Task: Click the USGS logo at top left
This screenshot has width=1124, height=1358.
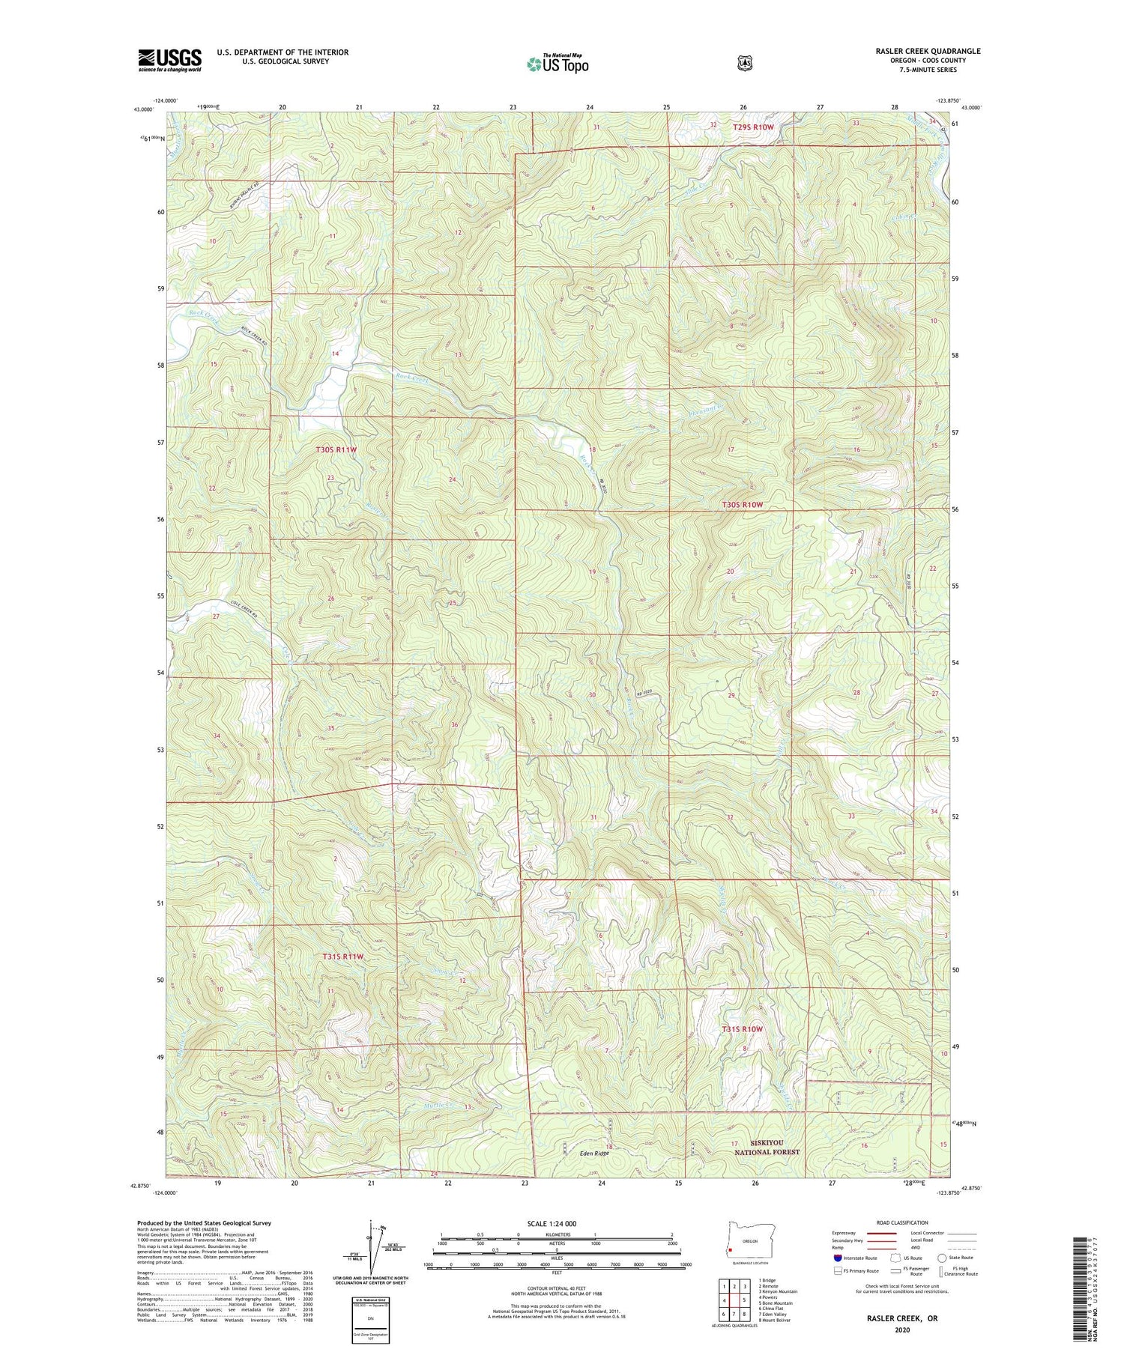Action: [x=169, y=60]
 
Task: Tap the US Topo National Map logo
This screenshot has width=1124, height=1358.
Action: [x=558, y=64]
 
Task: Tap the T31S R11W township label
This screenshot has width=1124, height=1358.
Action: [x=343, y=957]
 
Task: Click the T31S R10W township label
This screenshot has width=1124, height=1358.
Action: [x=742, y=1029]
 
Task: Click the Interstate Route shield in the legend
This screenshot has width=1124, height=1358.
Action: [x=837, y=1258]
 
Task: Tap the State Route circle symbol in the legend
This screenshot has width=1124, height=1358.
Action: [x=941, y=1258]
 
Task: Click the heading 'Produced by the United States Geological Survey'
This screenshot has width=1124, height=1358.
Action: [x=204, y=1223]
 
